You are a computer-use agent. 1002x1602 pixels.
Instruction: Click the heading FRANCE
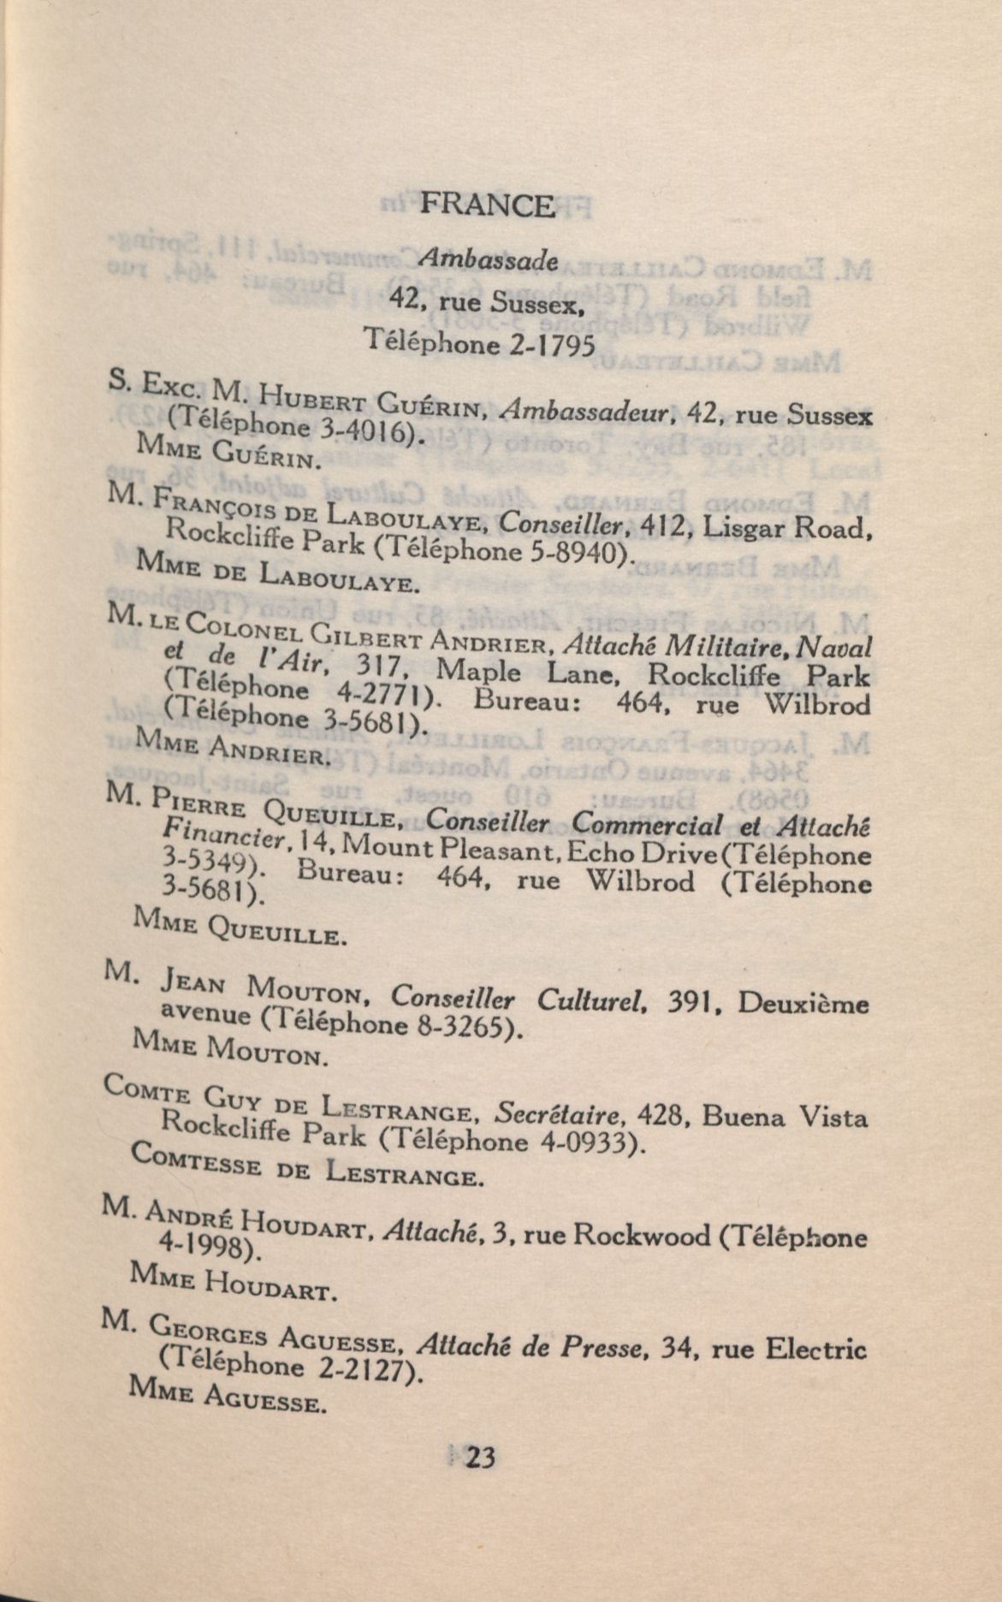487,205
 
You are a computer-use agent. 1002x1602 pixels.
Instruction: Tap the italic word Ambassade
488,260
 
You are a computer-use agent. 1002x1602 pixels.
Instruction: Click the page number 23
480,1457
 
